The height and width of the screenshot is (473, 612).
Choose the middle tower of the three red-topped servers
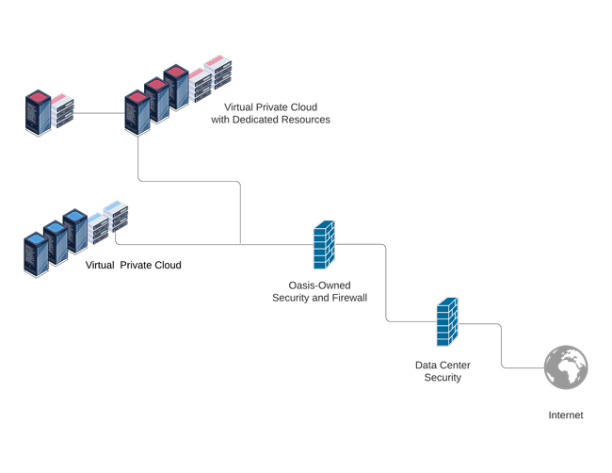[155, 98]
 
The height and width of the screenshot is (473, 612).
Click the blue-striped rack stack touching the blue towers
[98, 226]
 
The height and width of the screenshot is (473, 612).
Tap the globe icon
[567, 367]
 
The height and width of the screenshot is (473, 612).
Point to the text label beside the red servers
[273, 115]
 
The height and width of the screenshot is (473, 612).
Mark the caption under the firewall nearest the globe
[443, 366]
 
